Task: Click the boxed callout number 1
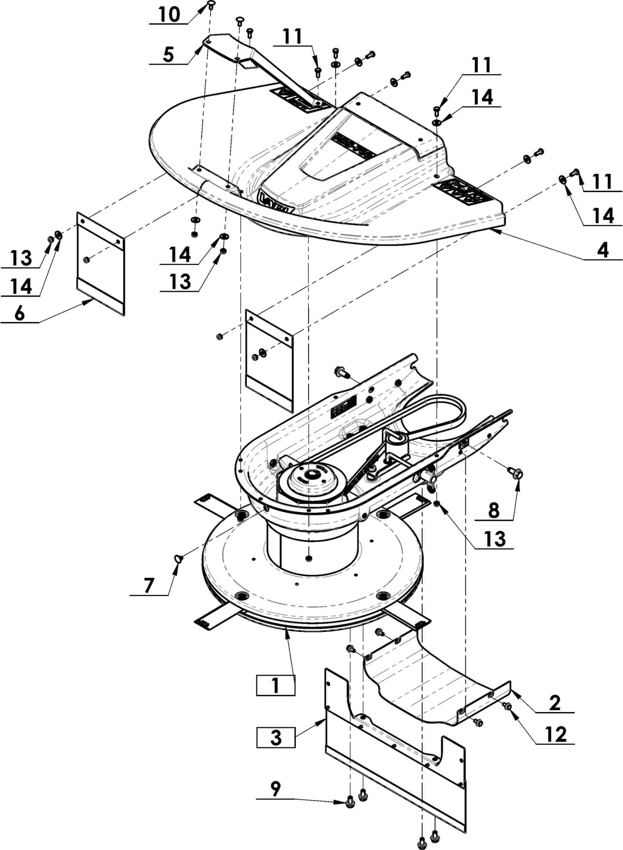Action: (x=276, y=685)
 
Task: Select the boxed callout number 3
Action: (x=276, y=737)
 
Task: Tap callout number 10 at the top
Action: (x=169, y=15)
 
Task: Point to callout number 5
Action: (x=168, y=55)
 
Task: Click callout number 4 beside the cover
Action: (x=603, y=250)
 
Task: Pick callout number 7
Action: (x=149, y=586)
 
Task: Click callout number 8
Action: (x=494, y=511)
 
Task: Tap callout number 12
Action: (x=556, y=734)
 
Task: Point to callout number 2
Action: (x=555, y=703)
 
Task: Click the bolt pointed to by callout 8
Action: (x=516, y=473)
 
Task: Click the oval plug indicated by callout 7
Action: (x=178, y=559)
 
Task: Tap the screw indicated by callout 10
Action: (x=211, y=5)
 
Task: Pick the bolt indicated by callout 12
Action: (x=507, y=706)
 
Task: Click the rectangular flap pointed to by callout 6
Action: (x=101, y=264)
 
